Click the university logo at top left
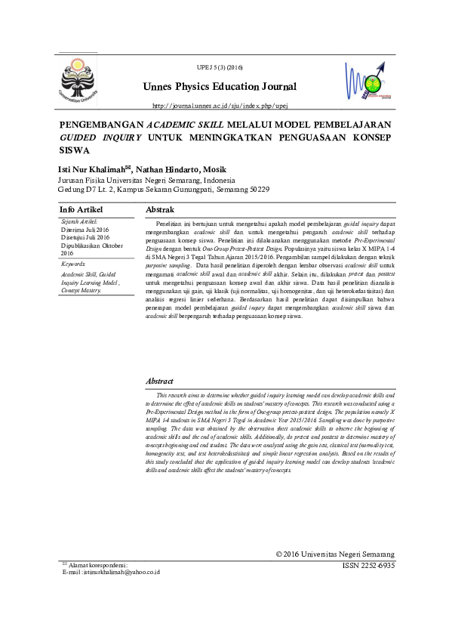pos(78,78)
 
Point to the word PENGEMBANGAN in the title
pos(101,123)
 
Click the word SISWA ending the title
pos(73,150)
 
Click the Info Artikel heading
pos(81,209)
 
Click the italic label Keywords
pos(74,264)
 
